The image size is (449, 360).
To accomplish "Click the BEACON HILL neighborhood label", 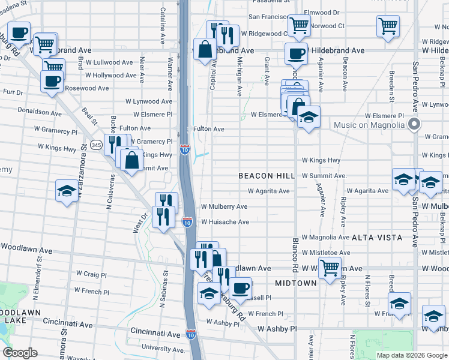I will (x=267, y=176).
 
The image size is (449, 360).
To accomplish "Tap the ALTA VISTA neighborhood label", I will (x=377, y=238).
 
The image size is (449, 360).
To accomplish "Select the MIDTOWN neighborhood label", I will (x=295, y=283).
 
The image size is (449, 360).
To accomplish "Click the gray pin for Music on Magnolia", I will (x=414, y=124).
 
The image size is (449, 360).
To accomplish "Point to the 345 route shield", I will (x=96, y=145).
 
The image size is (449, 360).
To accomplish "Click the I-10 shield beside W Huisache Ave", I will (x=188, y=222).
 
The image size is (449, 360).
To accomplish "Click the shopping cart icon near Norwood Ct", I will (x=298, y=25).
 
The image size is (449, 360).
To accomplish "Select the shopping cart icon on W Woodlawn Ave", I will (x=330, y=267).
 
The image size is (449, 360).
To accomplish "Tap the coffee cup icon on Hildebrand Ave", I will (x=295, y=53).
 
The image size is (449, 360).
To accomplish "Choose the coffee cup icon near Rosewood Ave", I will (x=52, y=80).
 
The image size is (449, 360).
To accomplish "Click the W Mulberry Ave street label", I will (x=224, y=206).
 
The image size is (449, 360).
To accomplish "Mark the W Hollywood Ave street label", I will (x=110, y=76).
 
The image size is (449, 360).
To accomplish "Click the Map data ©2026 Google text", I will (x=411, y=355).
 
